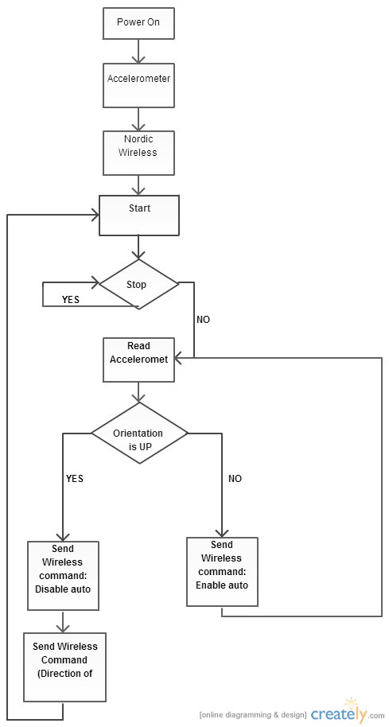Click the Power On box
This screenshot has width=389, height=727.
(x=138, y=23)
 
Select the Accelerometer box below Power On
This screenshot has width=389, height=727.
(x=138, y=85)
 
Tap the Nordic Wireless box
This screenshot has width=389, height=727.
(x=138, y=153)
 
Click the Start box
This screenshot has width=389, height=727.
(x=139, y=215)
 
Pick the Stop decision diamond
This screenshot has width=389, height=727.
(x=139, y=284)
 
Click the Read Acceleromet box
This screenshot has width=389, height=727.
(x=138, y=360)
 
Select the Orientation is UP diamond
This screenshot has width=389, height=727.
(x=139, y=433)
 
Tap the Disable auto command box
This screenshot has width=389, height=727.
(x=63, y=575)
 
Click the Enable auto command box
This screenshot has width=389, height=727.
(x=222, y=572)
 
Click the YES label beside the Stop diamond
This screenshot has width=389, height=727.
(x=71, y=300)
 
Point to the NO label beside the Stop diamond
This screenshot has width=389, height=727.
(x=203, y=320)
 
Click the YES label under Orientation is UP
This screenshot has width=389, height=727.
(x=75, y=479)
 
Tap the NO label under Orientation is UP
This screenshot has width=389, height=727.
(x=235, y=479)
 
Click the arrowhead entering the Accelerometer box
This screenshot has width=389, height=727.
(x=138, y=59)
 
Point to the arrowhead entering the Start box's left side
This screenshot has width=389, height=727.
(x=95, y=215)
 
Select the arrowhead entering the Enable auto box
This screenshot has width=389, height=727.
(x=222, y=533)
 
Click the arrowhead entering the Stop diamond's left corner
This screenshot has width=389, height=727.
(x=95, y=282)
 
